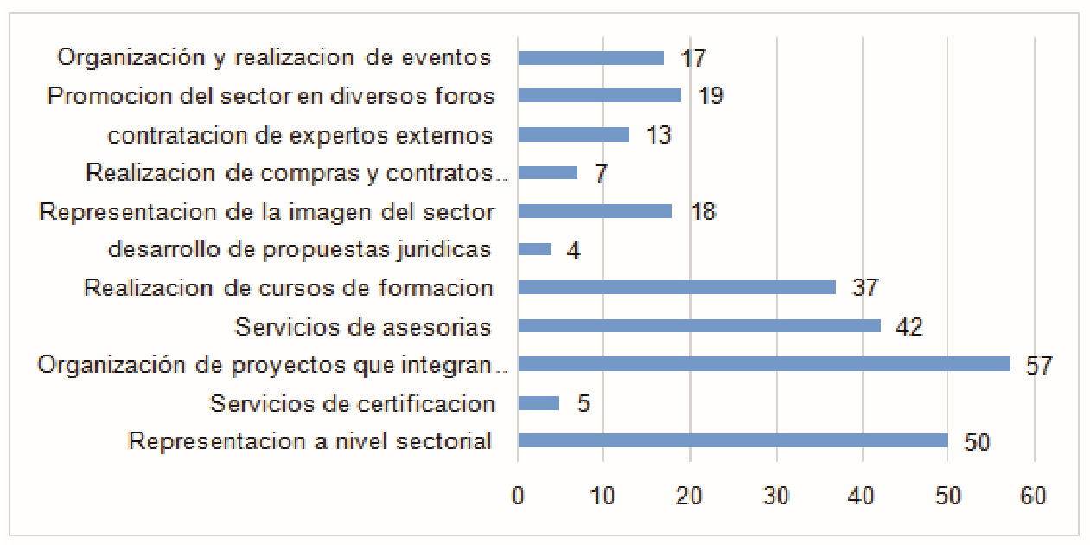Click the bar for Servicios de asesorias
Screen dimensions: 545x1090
pos(699,326)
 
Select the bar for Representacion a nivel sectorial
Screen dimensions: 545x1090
pos(733,441)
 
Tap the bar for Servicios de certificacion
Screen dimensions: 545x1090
pos(539,403)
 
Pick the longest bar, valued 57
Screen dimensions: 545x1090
pos(763,364)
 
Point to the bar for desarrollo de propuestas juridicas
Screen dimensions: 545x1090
pos(534,249)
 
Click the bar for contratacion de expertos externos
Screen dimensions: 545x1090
pos(573,134)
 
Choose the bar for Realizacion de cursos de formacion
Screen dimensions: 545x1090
pos(677,287)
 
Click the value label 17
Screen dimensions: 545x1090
pos(693,59)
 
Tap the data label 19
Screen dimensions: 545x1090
pos(711,96)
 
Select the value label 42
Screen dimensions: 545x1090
pos(909,327)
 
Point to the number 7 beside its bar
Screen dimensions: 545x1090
pos(601,173)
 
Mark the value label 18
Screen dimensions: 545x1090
pos(703,212)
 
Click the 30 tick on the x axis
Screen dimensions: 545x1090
pos(776,496)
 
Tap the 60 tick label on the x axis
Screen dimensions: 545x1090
pos(1033,496)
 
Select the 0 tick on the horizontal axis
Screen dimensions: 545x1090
pos(518,496)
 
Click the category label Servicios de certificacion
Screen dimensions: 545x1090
pos(353,403)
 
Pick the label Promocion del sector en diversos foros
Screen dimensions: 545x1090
pos(271,96)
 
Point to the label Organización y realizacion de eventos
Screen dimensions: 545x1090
pos(274,58)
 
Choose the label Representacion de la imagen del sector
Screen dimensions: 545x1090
pos(267,211)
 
